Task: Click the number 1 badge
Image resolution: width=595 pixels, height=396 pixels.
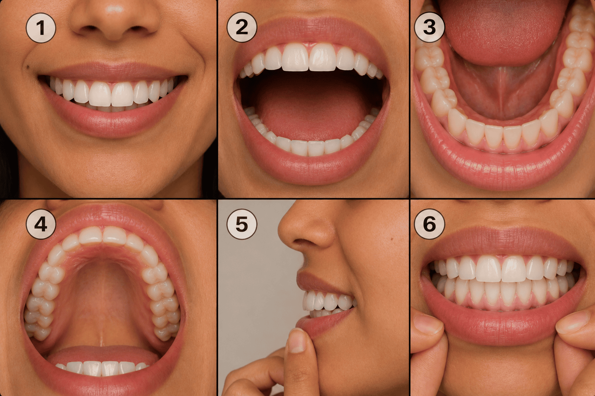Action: click(x=41, y=28)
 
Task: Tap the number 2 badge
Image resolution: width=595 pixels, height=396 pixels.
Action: click(x=242, y=27)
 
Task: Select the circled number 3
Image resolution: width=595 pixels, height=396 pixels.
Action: click(x=429, y=27)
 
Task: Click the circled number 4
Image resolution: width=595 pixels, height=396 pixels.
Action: click(x=41, y=224)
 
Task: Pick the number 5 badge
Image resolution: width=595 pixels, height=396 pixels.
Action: click(x=242, y=224)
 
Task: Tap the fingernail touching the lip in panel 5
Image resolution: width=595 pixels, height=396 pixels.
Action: click(x=296, y=341)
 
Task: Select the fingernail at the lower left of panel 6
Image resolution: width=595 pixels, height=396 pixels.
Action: click(x=428, y=324)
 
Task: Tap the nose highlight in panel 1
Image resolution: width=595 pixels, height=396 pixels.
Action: click(x=114, y=9)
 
